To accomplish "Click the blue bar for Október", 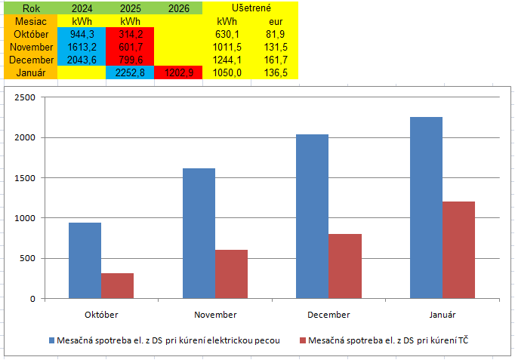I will pos(85,260).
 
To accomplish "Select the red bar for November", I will pos(231,274).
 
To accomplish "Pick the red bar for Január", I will pos(458,250).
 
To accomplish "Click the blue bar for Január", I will pos(426,208).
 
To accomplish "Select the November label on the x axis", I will pos(215,314).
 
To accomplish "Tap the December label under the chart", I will pos(328,314).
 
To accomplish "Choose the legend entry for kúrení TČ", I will pos(393,340).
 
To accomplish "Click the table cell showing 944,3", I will pos(82,34).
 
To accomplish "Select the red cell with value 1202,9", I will pos(178,72).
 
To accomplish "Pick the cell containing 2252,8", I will pos(130,72).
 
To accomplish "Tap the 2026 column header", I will pos(178,8).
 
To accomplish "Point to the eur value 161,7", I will pos(276,60).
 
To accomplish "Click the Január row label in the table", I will pos(31,72).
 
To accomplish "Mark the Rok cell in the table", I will pos(31,8).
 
